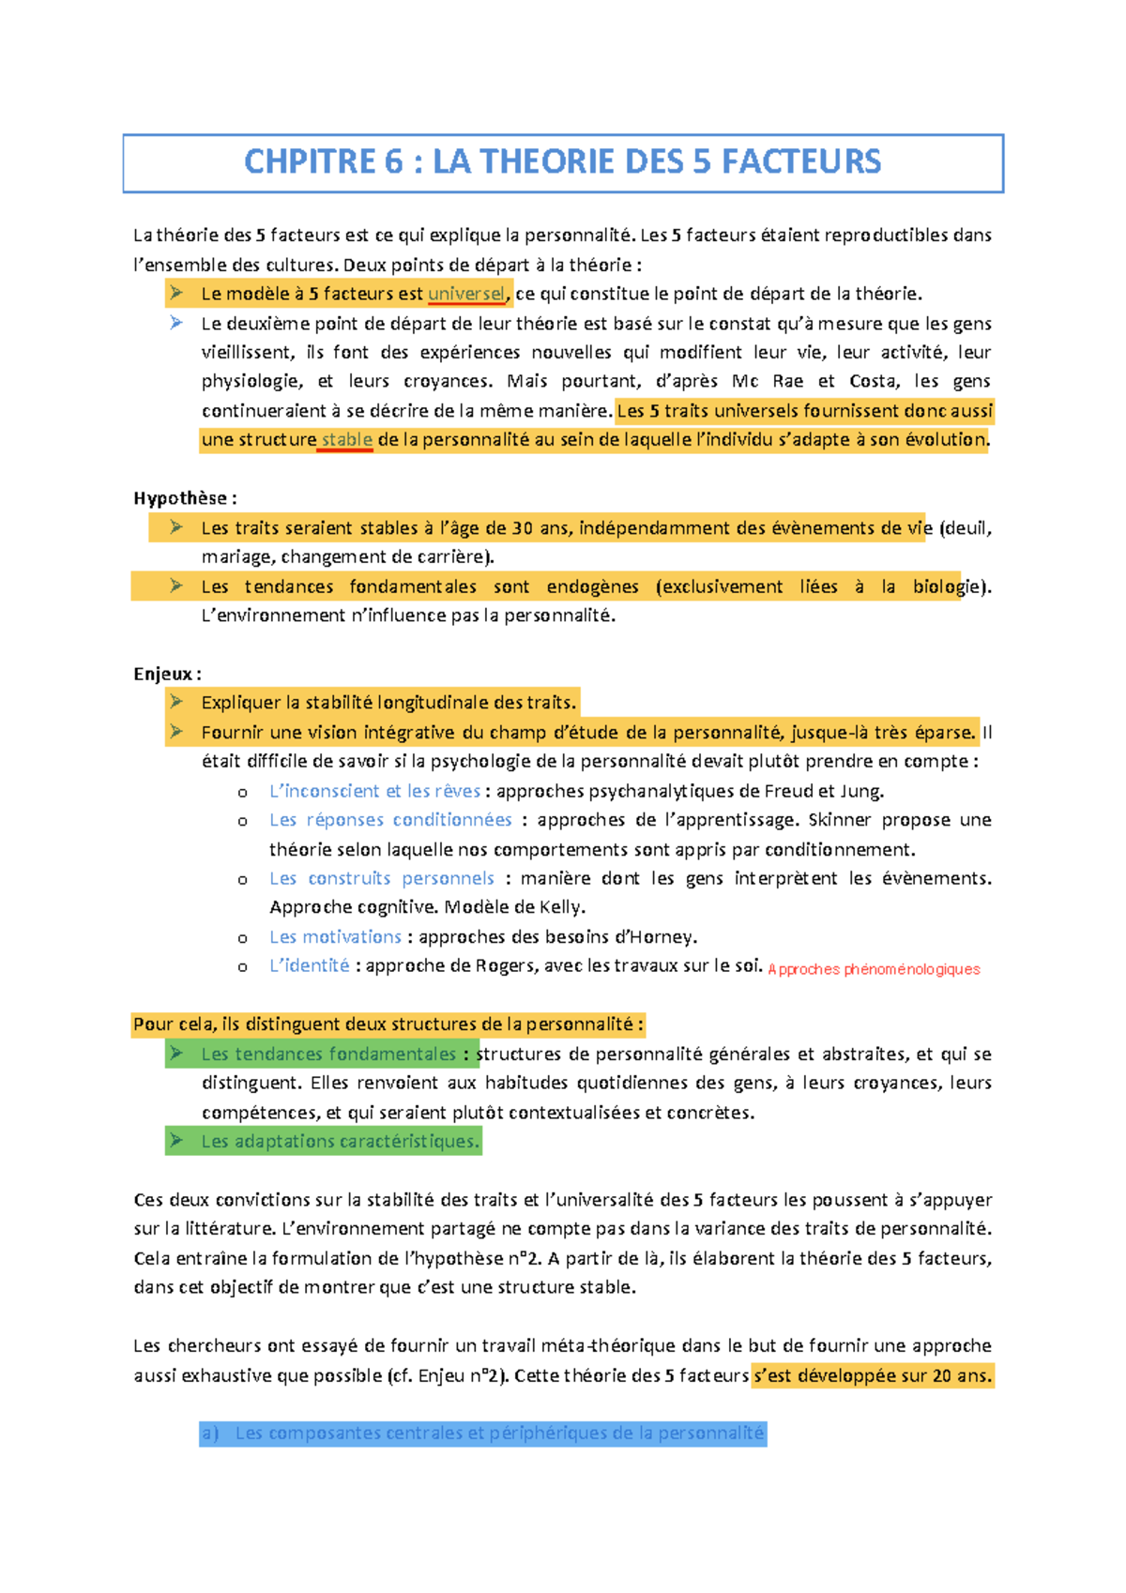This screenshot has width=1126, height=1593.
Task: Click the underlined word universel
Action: pos(466,294)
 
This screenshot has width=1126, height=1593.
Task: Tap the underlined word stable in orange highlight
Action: pos(346,440)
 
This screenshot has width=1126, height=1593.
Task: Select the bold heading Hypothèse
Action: pos(184,498)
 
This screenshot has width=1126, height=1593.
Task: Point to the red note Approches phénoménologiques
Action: pos(874,969)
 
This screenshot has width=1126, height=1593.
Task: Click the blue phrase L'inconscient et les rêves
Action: pos(374,791)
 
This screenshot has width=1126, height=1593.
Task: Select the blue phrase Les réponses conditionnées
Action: pos(390,820)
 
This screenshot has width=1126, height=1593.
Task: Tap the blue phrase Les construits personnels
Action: pos(381,878)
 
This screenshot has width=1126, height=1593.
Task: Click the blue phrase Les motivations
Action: pos(335,936)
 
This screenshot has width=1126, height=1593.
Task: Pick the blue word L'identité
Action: pos(309,965)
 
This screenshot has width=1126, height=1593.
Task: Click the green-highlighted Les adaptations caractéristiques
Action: pos(340,1141)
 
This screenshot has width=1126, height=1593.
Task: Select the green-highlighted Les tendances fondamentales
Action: pos(328,1054)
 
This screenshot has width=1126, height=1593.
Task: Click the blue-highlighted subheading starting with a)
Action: pos(482,1433)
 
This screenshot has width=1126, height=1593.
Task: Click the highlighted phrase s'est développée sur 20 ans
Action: pos(872,1375)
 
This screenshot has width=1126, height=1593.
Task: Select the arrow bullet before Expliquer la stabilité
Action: pos(176,702)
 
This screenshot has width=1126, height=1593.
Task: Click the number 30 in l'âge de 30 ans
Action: pos(523,528)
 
